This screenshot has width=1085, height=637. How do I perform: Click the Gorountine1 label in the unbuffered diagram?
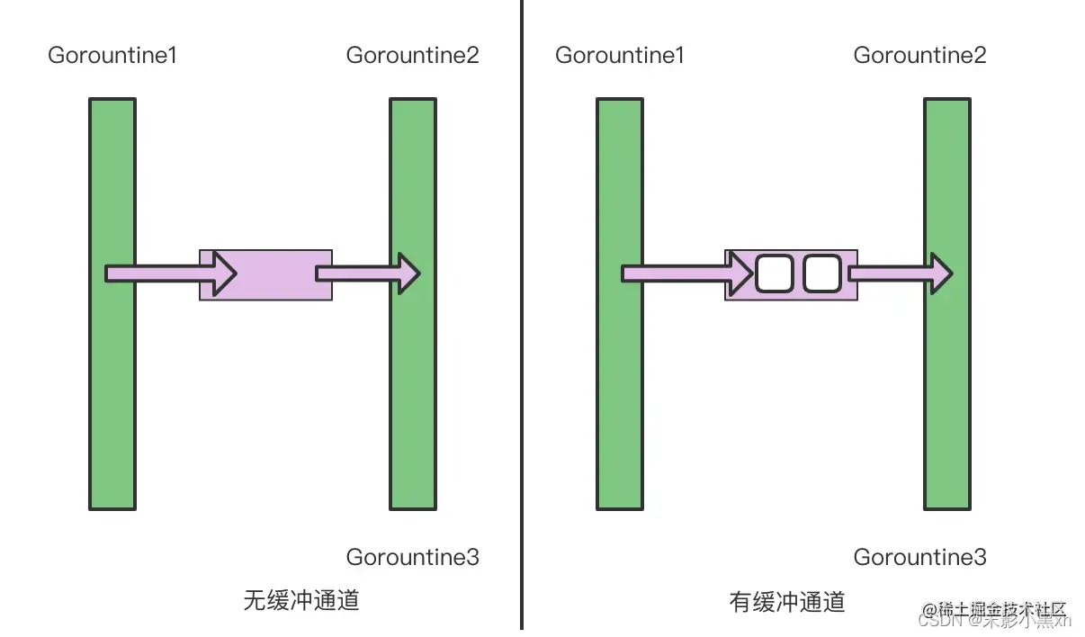112,55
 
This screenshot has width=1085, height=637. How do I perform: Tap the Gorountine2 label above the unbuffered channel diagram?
412,55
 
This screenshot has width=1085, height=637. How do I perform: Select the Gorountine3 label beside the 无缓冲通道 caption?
412,557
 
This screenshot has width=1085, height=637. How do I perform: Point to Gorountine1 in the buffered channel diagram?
620,55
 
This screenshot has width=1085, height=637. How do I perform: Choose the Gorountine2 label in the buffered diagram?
919,55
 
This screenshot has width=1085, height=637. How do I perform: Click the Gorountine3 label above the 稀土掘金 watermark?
919,557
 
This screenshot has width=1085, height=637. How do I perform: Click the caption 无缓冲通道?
301,600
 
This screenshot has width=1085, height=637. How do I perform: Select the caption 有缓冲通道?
787,602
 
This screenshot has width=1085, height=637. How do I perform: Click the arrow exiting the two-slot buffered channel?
900,273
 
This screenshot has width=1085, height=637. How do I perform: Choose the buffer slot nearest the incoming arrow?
774,274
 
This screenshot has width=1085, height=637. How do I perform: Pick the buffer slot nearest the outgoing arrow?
821,274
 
